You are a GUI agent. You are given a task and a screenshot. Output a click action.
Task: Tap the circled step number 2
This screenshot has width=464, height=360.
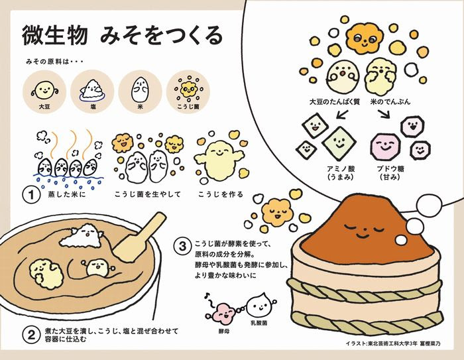pyautogui.click(x=29, y=334)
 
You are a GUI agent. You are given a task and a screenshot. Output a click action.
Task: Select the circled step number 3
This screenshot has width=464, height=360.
pyautogui.click(x=184, y=245)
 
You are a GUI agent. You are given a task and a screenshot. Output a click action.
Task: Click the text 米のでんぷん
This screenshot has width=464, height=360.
pyautogui.click(x=394, y=103)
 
